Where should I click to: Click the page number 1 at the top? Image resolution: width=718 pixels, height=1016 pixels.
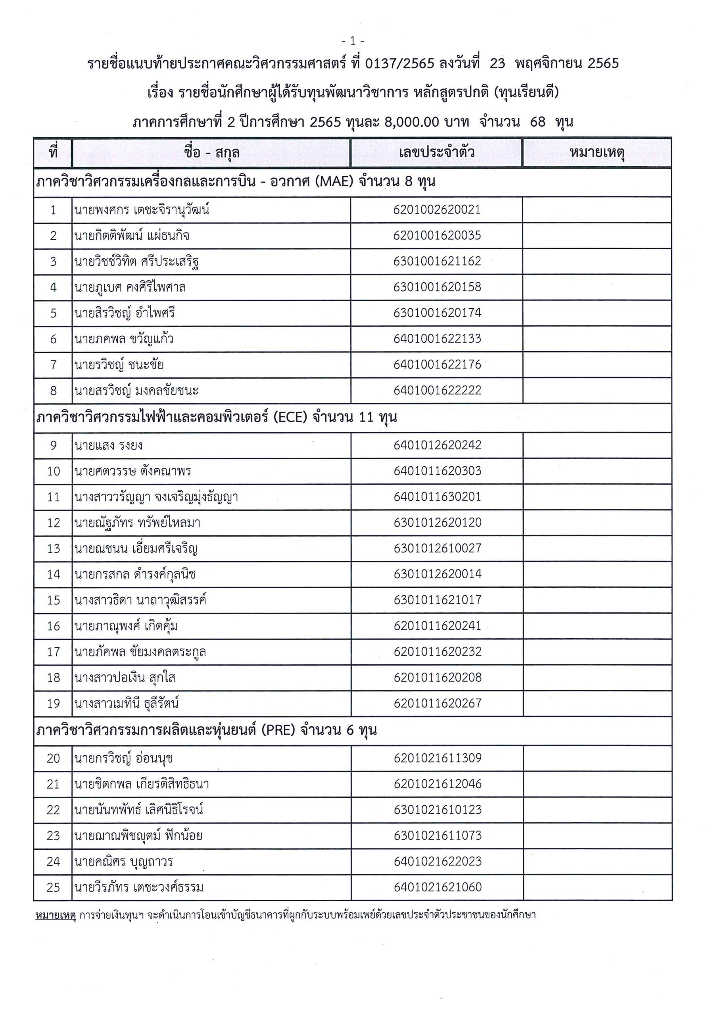click(x=353, y=41)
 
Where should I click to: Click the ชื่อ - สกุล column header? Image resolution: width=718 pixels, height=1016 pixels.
click(x=211, y=153)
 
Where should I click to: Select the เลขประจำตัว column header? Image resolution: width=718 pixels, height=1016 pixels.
click(x=436, y=153)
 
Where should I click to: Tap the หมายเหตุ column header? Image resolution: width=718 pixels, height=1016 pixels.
click(x=597, y=153)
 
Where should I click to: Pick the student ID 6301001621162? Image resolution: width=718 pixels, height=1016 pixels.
click(x=437, y=261)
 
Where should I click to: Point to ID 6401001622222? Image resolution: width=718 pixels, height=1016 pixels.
click(x=437, y=390)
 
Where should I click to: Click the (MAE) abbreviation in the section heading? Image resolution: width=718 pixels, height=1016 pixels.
click(x=334, y=181)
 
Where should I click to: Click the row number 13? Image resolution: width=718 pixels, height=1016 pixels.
click(x=53, y=549)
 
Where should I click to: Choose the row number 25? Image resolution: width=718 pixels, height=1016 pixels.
click(x=53, y=887)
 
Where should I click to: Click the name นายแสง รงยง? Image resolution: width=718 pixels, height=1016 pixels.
click(x=108, y=445)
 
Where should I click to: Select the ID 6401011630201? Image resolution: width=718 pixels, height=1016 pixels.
click(x=437, y=496)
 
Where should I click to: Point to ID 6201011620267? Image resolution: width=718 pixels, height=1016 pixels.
click(x=437, y=703)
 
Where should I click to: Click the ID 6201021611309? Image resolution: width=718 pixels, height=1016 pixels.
click(x=437, y=758)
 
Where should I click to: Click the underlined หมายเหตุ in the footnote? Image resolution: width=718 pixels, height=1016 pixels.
click(x=56, y=915)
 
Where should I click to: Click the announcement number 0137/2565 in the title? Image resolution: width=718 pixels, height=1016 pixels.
click(x=399, y=64)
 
